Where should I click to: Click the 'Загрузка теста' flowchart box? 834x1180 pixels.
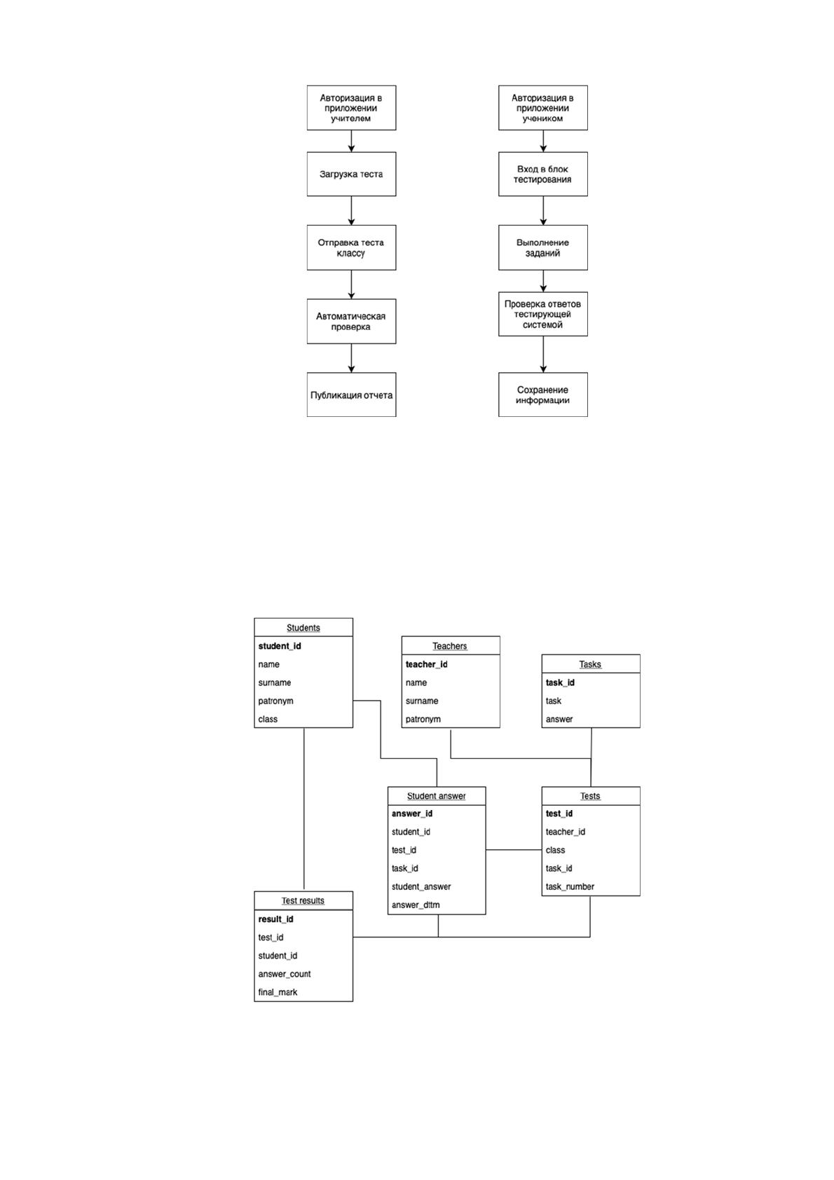(x=351, y=174)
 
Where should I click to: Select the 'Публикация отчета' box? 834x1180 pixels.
(x=351, y=395)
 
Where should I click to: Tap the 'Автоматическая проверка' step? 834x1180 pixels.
(x=351, y=322)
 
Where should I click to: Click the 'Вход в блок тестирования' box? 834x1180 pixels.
(x=543, y=174)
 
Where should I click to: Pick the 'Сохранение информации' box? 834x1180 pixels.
(x=543, y=395)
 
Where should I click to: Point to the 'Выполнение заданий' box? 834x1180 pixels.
(x=543, y=247)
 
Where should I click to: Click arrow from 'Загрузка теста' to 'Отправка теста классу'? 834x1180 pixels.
(x=351, y=211)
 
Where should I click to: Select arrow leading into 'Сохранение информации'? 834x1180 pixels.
(x=543, y=355)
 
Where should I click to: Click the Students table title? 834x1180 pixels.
(x=303, y=627)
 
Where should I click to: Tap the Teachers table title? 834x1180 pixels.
(x=450, y=646)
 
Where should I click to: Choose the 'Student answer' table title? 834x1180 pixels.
(x=436, y=796)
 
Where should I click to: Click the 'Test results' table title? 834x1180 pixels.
(x=303, y=900)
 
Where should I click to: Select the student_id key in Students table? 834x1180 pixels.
(x=280, y=646)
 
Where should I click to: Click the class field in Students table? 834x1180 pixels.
(x=268, y=719)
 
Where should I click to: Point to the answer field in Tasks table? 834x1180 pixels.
(x=559, y=719)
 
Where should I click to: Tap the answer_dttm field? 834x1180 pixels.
(x=416, y=905)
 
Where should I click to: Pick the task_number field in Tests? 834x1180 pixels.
(x=570, y=886)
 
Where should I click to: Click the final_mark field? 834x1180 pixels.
(x=278, y=992)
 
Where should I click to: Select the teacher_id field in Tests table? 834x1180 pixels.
(x=566, y=832)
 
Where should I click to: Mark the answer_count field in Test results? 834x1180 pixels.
(x=285, y=974)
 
